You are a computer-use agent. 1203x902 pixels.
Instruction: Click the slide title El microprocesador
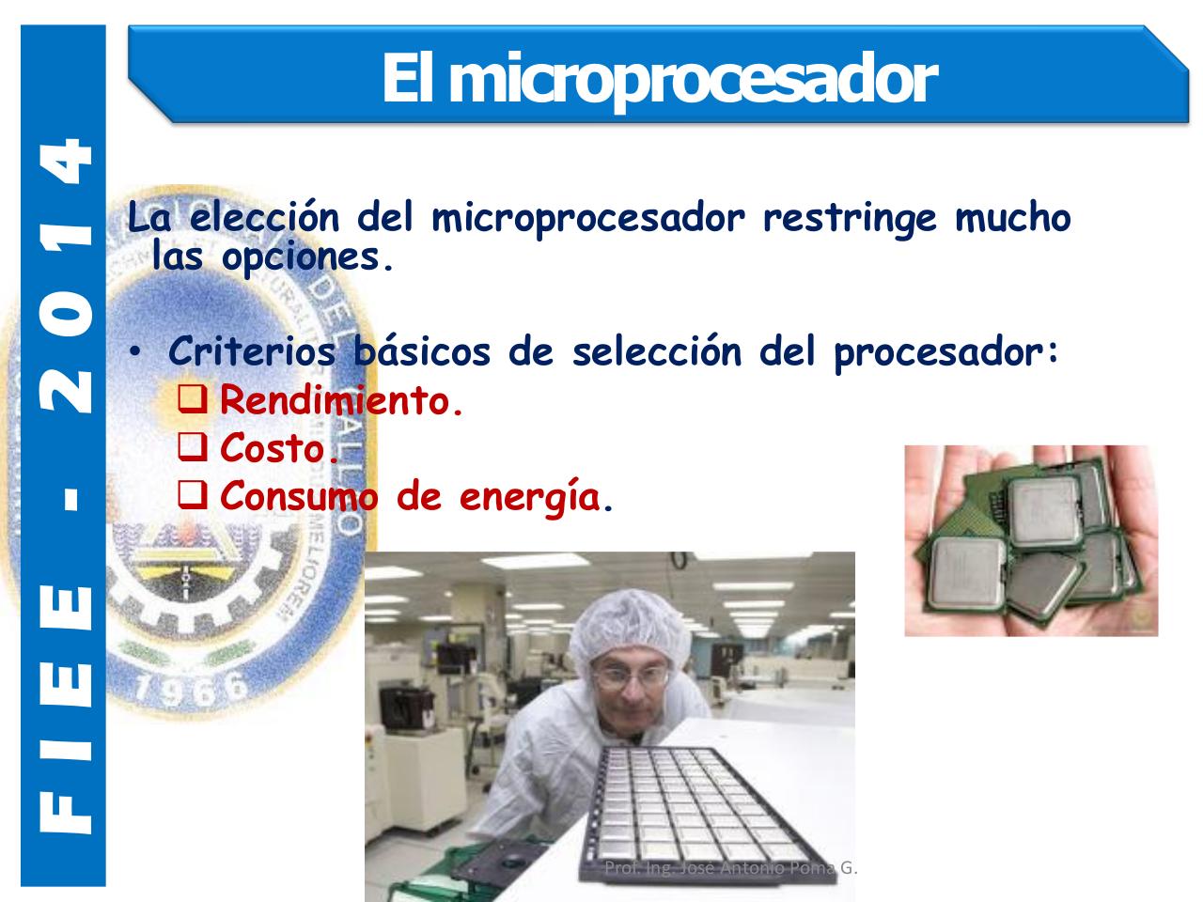(x=658, y=79)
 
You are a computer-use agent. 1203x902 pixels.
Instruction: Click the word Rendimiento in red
(x=341, y=402)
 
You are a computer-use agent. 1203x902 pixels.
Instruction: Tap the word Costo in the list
(x=278, y=450)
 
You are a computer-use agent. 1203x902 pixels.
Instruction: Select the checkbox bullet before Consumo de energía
(x=194, y=496)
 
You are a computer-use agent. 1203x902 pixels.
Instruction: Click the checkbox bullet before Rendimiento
(x=194, y=401)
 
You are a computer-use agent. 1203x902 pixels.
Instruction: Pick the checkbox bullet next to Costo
(x=194, y=449)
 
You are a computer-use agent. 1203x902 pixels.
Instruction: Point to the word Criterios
(x=251, y=353)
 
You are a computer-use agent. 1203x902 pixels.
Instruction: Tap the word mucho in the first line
(x=1013, y=219)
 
